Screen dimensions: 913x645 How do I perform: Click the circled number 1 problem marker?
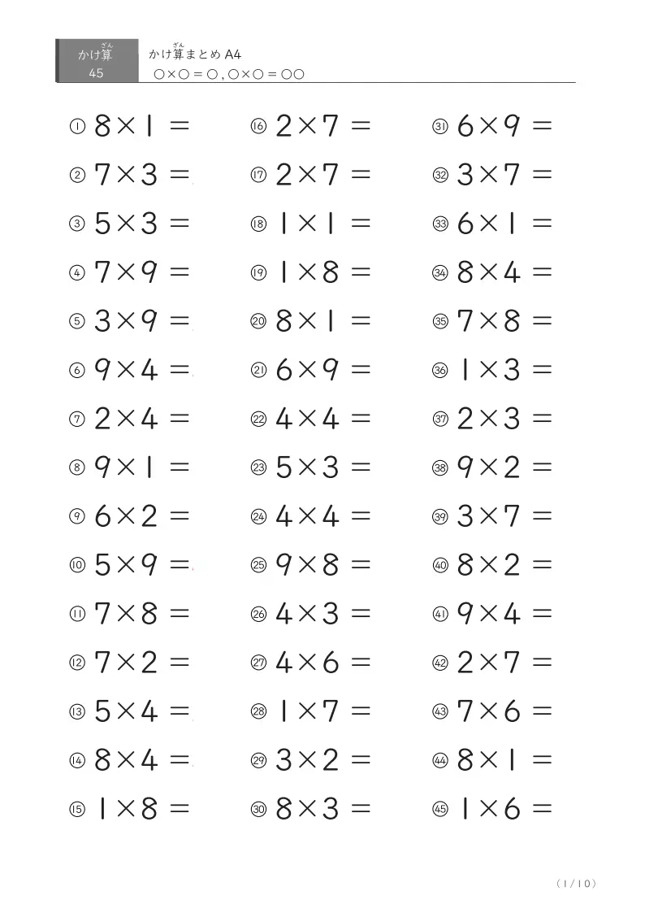76,126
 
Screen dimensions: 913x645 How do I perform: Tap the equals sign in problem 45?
542,809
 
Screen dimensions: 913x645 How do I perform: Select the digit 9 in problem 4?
149,272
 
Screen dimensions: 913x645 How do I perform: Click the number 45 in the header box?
96,74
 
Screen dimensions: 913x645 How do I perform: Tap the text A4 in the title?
234,55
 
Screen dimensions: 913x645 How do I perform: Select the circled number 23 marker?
258,467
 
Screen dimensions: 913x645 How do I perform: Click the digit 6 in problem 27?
331,663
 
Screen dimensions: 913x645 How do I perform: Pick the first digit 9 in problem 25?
284,565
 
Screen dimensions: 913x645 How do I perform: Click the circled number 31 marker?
440,126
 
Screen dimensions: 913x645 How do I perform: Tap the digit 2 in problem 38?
512,467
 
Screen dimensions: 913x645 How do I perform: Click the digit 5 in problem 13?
102,711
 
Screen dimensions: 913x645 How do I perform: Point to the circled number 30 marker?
258,809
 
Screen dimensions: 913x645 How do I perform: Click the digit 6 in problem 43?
512,711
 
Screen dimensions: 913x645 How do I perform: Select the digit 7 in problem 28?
331,711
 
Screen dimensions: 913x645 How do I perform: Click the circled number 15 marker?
76,809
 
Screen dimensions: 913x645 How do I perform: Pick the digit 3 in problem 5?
102,321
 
